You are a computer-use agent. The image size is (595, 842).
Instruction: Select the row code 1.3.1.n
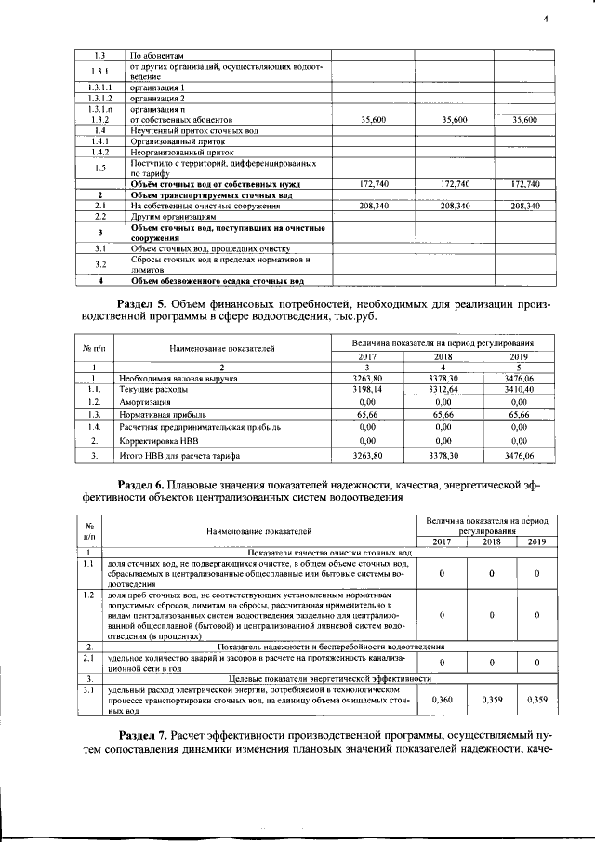coord(100,109)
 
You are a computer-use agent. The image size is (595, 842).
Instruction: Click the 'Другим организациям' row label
coord(167,217)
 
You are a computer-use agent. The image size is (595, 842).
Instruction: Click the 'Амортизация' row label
coord(145,401)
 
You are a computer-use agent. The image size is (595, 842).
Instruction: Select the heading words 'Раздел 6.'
coord(151,485)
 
